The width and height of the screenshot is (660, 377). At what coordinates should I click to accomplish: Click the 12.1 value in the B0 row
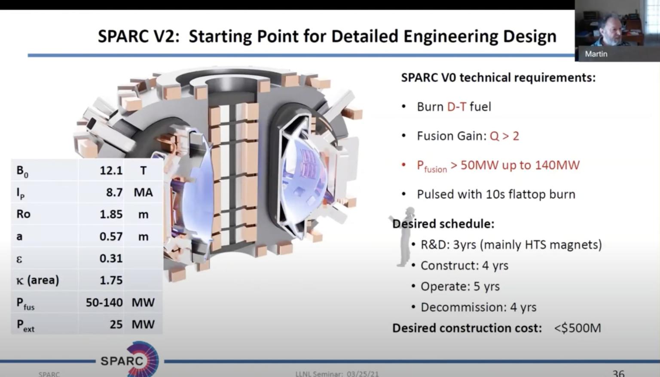pos(111,170)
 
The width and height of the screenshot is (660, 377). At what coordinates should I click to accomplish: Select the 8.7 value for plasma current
pos(114,192)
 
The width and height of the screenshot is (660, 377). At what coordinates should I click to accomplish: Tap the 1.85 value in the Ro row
pos(111,214)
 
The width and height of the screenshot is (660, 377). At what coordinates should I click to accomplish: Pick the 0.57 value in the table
pos(111,236)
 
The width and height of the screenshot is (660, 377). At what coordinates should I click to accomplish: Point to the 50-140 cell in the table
pos(104,303)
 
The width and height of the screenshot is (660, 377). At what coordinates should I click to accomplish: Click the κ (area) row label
pos(37,280)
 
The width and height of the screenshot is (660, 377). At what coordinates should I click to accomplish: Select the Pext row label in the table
pos(25,325)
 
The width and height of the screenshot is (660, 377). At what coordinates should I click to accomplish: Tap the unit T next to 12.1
pos(143,170)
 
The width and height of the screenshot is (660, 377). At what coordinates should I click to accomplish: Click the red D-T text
pos(456,107)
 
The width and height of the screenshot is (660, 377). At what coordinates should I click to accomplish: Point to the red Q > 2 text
pos(504,136)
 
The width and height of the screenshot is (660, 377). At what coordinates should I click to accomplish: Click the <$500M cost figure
pos(577,328)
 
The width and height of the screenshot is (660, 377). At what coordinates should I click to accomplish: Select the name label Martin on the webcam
pos(596,54)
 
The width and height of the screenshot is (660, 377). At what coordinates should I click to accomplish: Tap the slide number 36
pos(618,373)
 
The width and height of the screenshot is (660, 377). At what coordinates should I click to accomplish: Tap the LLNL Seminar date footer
pos(337,374)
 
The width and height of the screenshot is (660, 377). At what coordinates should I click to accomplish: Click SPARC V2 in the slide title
pos(137,36)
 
